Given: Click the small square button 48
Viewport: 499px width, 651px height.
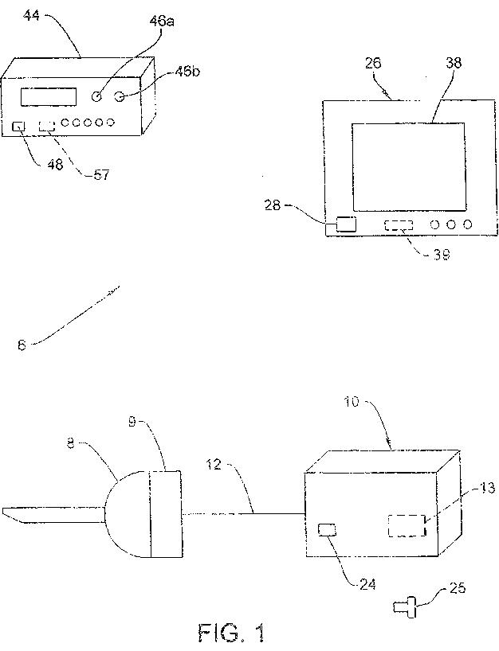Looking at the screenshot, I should point(21,125).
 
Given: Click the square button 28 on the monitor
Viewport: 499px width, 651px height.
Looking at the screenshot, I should point(346,224).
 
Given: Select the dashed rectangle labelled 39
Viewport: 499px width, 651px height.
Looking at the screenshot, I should point(399,225).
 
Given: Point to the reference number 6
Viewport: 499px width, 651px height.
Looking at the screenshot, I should point(22,345).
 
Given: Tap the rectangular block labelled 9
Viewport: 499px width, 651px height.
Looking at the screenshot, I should point(165,514).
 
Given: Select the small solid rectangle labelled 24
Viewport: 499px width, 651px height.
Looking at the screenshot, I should point(327,529).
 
